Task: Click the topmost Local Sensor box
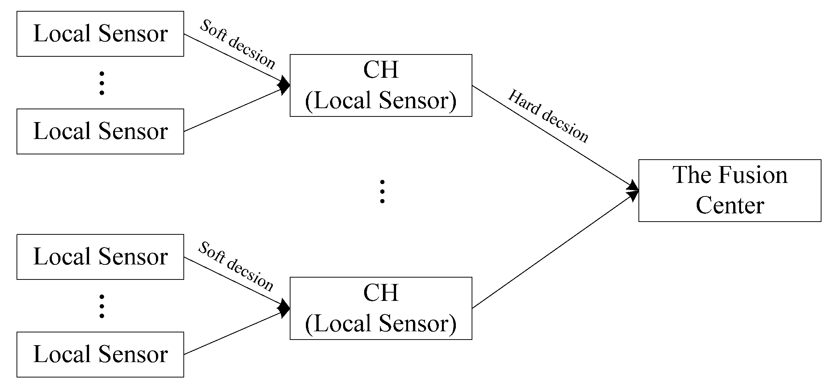(100, 34)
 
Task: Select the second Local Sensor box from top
(100, 131)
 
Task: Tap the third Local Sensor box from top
(100, 257)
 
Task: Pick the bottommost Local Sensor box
(100, 355)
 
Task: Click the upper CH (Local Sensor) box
(381, 86)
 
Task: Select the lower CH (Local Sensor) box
(381, 308)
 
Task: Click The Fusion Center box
(729, 191)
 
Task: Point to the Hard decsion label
(548, 116)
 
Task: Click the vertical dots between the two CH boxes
(382, 192)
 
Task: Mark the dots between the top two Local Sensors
(101, 83)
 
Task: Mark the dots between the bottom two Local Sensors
(101, 306)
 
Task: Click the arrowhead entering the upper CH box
(285, 85)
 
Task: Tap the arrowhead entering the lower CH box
(285, 308)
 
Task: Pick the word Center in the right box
(730, 206)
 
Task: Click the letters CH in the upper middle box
(381, 70)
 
